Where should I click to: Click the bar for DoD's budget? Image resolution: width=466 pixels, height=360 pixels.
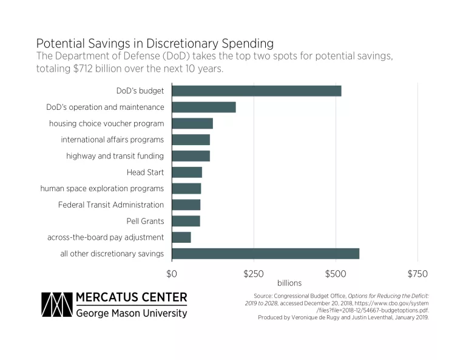pos(256,91)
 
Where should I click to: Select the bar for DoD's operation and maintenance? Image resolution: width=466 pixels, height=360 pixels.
pos(204,107)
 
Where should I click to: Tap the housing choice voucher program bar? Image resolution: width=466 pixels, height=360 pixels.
pos(192,124)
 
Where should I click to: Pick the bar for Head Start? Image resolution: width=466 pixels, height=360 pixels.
pos(187,172)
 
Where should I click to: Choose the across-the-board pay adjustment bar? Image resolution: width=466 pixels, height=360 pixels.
pos(181,237)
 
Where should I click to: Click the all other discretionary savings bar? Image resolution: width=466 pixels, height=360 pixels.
pos(265,254)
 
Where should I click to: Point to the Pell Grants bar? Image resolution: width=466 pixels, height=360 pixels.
pos(186,221)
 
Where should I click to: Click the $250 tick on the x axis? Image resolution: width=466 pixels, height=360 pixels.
pos(254,273)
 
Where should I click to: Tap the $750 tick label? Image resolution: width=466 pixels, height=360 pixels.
pos(417,273)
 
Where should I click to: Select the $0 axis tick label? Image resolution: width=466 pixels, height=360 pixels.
pos(172,273)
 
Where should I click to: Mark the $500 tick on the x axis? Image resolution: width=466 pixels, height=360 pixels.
pos(336,273)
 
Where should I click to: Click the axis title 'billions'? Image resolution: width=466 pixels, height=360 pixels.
pos(289,284)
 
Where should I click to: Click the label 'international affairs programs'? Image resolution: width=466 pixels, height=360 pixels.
pos(112,140)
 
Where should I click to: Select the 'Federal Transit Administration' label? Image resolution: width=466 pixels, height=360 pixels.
pos(111,205)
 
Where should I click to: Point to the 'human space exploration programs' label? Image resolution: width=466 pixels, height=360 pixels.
pos(102,188)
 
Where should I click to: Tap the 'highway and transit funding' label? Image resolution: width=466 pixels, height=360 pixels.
pos(115,156)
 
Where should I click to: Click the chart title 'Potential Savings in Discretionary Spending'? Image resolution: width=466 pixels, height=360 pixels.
pos(155,44)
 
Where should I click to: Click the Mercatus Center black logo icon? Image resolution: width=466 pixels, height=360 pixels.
pos(56,305)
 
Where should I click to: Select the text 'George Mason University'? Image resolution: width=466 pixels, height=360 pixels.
pos(131,313)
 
